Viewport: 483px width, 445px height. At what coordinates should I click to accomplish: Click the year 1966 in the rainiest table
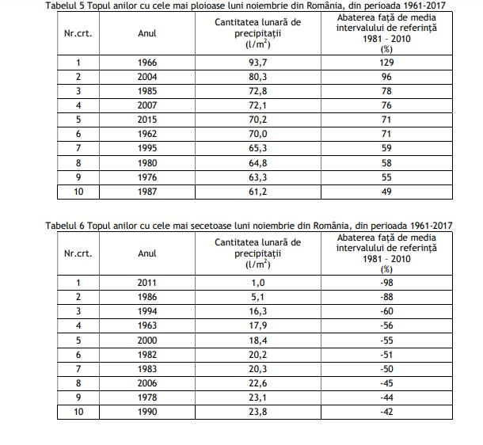(146, 62)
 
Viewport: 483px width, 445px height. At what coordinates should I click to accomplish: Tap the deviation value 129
(387, 62)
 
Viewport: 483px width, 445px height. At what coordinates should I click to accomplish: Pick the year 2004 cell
(146, 77)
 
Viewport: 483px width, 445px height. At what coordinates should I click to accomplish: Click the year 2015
(146, 120)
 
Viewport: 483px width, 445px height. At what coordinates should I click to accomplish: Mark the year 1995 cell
(146, 149)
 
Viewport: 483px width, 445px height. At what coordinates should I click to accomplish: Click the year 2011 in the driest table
(146, 283)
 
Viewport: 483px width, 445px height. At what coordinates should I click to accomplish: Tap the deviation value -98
(387, 283)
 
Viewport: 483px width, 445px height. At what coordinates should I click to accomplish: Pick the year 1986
(146, 297)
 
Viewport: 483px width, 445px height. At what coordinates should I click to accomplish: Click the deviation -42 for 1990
(387, 412)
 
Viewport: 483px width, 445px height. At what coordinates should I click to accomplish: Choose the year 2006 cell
(146, 383)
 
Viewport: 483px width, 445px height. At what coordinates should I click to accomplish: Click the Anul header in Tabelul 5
(146, 34)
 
